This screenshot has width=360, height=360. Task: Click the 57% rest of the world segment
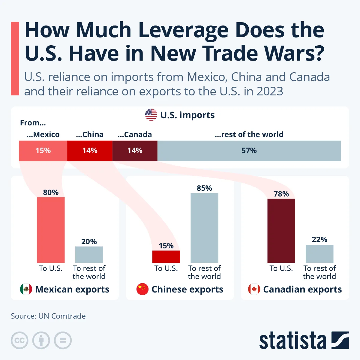tap(249, 151)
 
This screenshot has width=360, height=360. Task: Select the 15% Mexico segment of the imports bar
tap(43, 151)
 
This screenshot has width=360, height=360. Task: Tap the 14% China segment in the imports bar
tap(90, 151)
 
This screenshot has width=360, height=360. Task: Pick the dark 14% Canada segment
tap(135, 151)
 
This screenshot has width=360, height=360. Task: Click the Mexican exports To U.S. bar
tap(51, 230)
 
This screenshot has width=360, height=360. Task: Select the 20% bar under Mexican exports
tap(89, 255)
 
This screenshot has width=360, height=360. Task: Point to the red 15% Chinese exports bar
tap(166, 257)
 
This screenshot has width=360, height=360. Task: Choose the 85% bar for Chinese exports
tap(204, 228)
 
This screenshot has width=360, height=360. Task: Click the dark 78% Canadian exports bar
tap(281, 231)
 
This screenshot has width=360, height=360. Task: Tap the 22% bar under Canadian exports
tap(319, 254)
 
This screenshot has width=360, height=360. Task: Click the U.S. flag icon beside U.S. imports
tap(151, 115)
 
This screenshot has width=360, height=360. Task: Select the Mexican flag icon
tap(26, 289)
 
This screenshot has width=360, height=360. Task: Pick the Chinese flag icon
tap(142, 289)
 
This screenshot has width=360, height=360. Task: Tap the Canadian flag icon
tap(254, 289)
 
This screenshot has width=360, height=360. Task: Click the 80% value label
tap(51, 192)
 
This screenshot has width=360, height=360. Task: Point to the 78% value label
tap(281, 194)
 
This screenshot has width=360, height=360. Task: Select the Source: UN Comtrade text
tap(48, 316)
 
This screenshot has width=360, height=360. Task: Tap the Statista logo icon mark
tap(340, 340)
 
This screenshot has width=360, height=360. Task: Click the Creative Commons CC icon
tap(19, 340)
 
